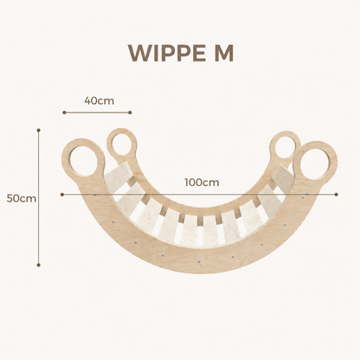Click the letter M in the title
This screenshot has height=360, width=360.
[x=223, y=54]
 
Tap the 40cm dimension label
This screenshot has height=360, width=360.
[x=99, y=101]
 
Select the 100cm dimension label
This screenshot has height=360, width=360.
[x=202, y=183]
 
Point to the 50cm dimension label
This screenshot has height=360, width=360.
[x=22, y=198]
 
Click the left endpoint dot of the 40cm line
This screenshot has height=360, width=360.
[x=64, y=112]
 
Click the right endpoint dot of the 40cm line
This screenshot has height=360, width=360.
[x=130, y=112]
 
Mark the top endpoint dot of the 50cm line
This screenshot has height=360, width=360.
[x=39, y=130]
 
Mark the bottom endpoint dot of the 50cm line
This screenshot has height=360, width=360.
[x=39, y=265]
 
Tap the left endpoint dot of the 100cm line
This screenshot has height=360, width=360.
[x=62, y=195]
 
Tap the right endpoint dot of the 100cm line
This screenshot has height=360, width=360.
[x=337, y=195]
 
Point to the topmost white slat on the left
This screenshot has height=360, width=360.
[x=119, y=173]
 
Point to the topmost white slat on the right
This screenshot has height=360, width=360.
[x=282, y=176]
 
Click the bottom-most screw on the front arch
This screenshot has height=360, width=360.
[x=198, y=261]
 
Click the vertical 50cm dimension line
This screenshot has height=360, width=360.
[x=39, y=197]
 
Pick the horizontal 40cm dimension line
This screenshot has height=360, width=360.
[x=97, y=112]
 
